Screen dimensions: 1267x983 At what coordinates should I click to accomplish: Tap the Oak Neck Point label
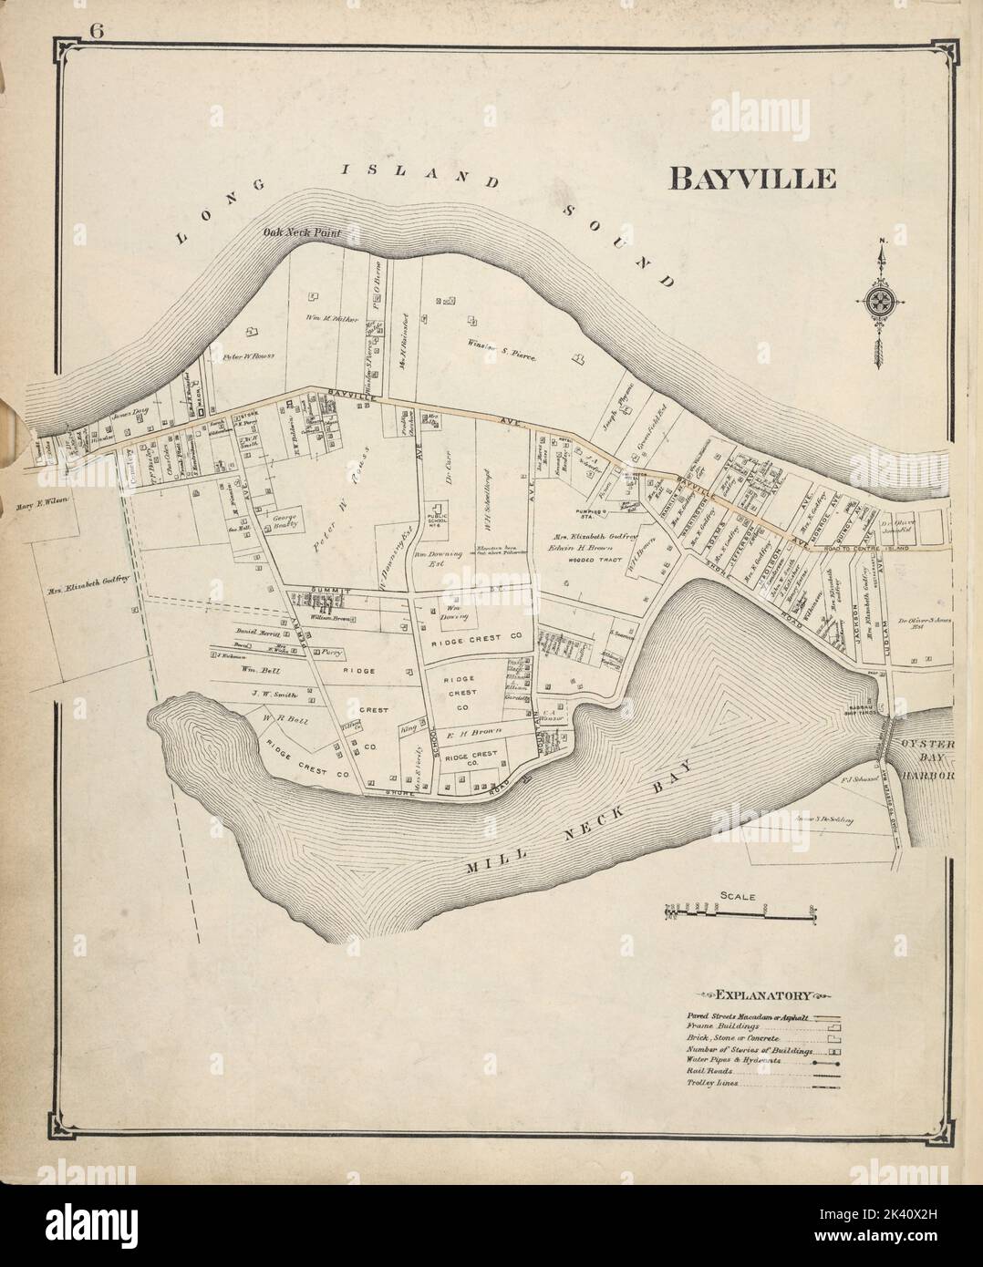coord(301,233)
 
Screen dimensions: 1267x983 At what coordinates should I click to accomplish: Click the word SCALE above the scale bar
coord(737,896)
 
